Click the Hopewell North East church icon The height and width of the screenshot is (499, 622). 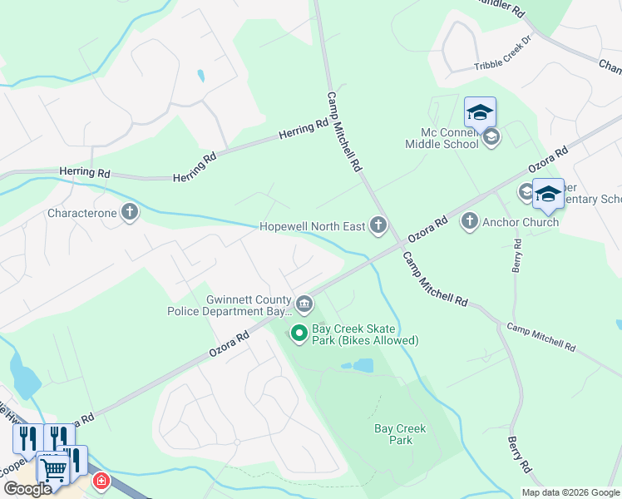(x=378, y=225)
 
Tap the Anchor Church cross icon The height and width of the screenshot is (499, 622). (x=470, y=221)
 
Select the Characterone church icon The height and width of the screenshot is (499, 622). (x=130, y=213)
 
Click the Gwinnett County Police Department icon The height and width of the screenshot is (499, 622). (x=304, y=305)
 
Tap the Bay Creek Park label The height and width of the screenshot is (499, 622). (x=400, y=434)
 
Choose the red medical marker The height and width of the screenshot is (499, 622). (x=101, y=481)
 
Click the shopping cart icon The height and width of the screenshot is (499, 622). (x=53, y=470)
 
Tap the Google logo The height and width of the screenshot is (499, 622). (x=27, y=489)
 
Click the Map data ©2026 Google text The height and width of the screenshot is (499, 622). (x=570, y=492)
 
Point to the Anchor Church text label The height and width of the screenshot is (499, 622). (x=521, y=222)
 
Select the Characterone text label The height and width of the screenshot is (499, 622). (x=82, y=214)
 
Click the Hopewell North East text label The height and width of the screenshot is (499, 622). (x=313, y=225)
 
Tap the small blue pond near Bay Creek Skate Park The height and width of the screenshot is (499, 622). (x=363, y=365)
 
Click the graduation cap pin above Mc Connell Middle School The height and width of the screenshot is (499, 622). (x=480, y=111)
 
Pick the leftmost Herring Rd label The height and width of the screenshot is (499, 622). (x=85, y=172)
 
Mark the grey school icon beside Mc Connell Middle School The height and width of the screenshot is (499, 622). (x=491, y=137)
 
